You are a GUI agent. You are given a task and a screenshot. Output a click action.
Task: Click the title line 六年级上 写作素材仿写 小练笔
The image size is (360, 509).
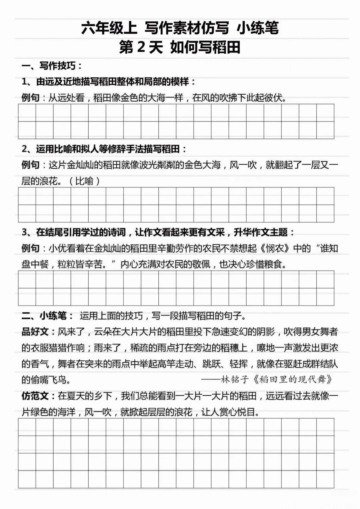pyautogui.click(x=180, y=28)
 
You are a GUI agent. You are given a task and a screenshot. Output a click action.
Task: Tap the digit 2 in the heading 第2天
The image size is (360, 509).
pyautogui.click(x=141, y=47)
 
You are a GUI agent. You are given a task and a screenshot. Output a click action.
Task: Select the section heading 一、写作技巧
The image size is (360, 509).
pyautogui.click(x=52, y=66)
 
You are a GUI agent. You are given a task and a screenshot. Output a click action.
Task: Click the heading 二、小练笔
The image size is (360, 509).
pyautogui.click(x=44, y=316)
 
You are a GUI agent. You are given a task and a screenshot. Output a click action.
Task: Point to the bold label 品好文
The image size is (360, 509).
pyautogui.click(x=35, y=332)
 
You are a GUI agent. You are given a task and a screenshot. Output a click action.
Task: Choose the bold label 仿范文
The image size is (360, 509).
pyautogui.click(x=35, y=396)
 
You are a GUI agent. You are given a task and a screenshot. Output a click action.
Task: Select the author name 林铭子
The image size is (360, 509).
pyautogui.click(x=235, y=380)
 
